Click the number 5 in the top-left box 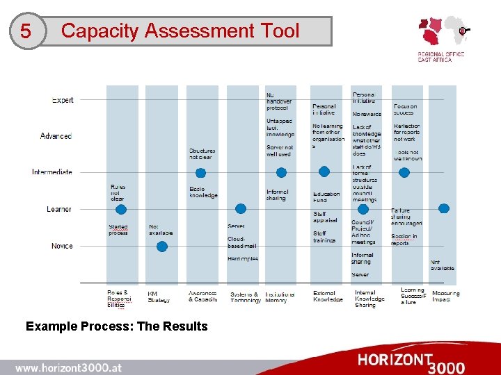pyautogui.click(x=26, y=32)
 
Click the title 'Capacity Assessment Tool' pyautogui.click(x=180, y=31)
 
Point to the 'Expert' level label pyautogui.click(x=63, y=100)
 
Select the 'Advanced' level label pyautogui.click(x=56, y=136)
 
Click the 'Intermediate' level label pyautogui.click(x=51, y=172)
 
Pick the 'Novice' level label pyautogui.click(x=62, y=246)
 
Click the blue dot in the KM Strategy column pyautogui.click(x=162, y=246)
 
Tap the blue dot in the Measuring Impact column pyautogui.click(x=443, y=208)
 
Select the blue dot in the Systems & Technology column pyautogui.click(x=241, y=208)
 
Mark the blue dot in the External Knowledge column pyautogui.click(x=324, y=172)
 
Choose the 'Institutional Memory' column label pyautogui.click(x=280, y=297)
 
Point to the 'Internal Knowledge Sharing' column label pyautogui.click(x=367, y=299)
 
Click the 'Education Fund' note pyautogui.click(x=326, y=197)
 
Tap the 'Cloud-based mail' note pyautogui.click(x=241, y=242)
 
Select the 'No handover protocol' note pyautogui.click(x=279, y=101)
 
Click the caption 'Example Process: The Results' pyautogui.click(x=116, y=326)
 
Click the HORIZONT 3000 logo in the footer pyautogui.click(x=411, y=362)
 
